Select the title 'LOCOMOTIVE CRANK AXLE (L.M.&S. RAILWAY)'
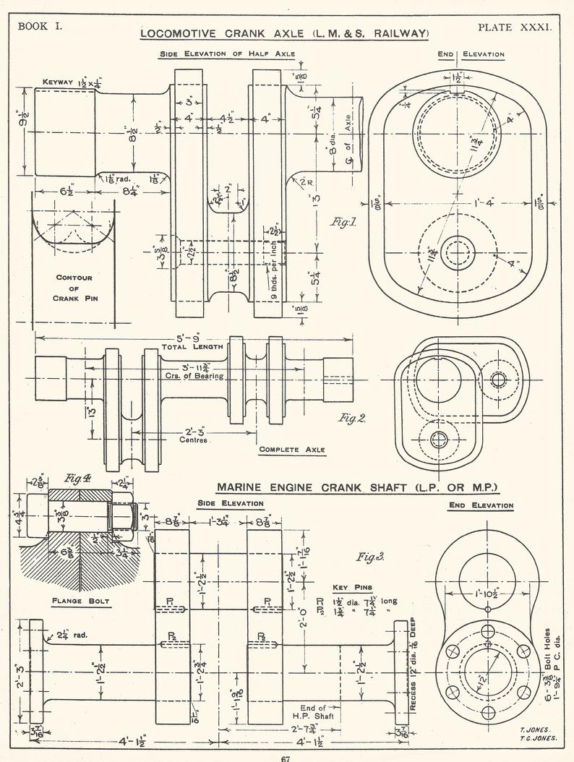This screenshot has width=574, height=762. [x=285, y=34]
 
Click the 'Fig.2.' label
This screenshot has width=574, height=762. [x=352, y=418]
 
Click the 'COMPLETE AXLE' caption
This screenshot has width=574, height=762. [x=292, y=450]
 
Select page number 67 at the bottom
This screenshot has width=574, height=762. [x=286, y=758]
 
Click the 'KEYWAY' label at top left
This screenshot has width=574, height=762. [x=58, y=82]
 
